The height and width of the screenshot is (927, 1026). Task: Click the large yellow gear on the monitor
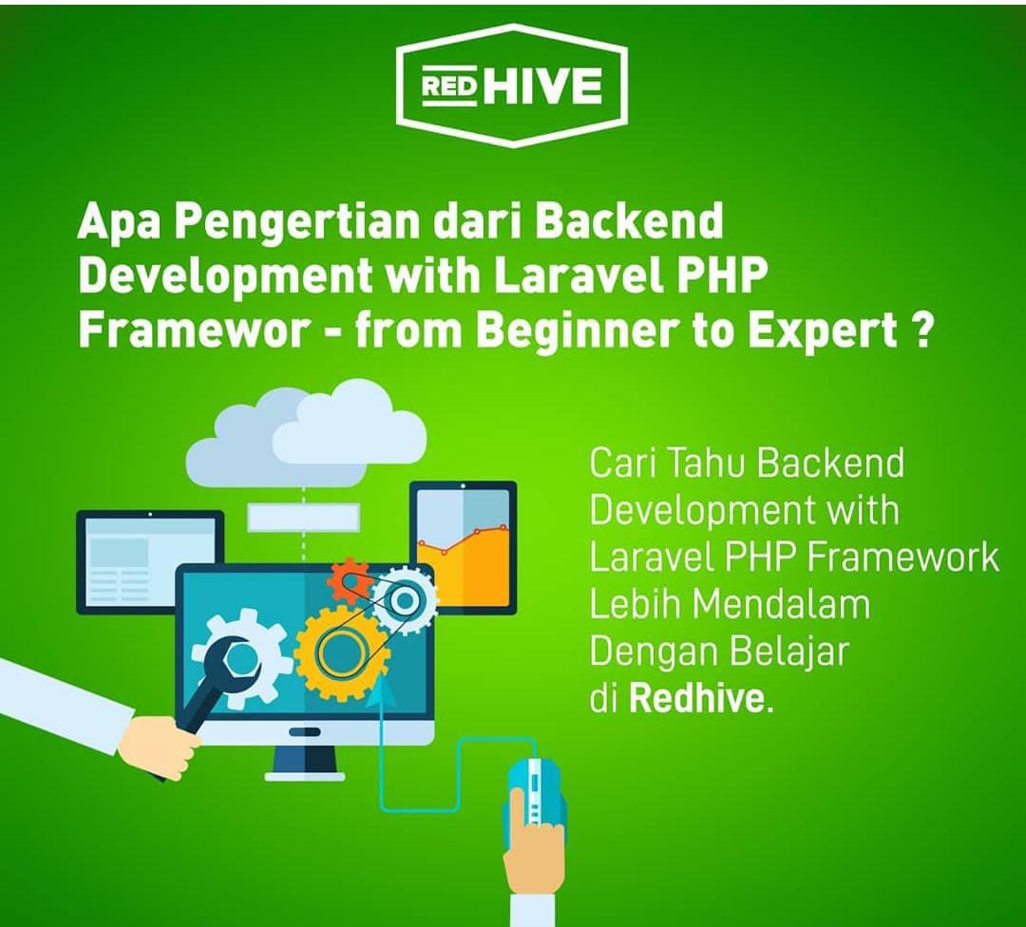coord(337,652)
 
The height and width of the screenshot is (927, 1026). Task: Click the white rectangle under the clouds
coord(303,517)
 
